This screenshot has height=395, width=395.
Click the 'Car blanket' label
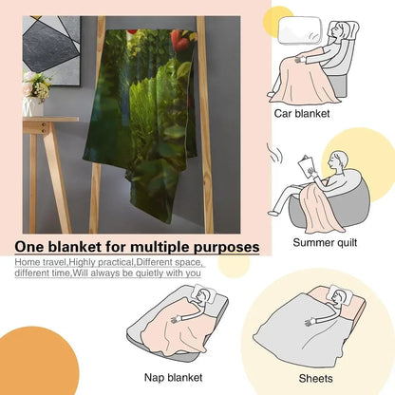click(302, 113)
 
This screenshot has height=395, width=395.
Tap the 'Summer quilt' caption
click(325, 242)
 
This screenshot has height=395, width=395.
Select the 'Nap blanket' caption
click(173, 377)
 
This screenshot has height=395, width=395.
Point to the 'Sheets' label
click(315, 378)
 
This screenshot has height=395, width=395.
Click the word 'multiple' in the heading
click(160, 247)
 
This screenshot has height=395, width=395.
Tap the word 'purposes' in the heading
click(226, 248)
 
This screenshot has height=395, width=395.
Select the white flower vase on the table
click(33, 106)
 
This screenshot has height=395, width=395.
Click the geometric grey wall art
click(51, 50)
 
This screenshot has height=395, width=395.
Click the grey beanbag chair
click(329, 201)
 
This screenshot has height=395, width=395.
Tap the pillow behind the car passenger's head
click(300, 30)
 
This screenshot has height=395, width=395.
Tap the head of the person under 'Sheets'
click(339, 296)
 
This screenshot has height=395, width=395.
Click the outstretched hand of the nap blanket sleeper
click(177, 319)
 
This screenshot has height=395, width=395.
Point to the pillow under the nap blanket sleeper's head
click(205, 293)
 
